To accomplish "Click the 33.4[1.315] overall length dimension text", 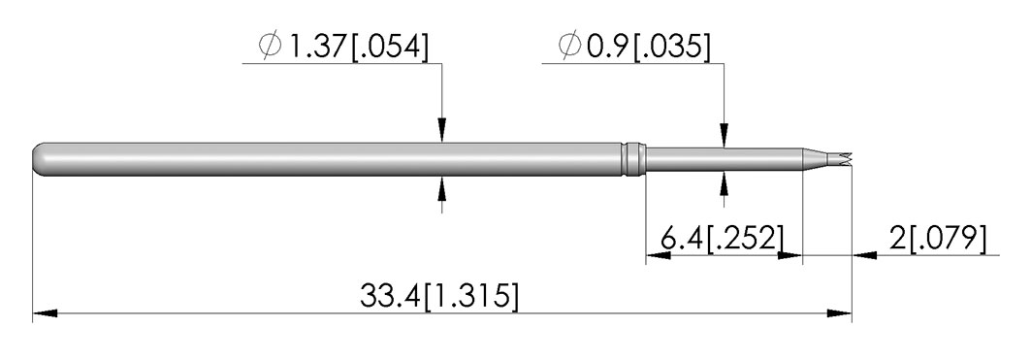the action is [x=439, y=296].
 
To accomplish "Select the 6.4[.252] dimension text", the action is [x=722, y=238].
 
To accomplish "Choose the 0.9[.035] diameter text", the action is [x=648, y=47].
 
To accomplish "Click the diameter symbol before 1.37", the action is [x=271, y=46].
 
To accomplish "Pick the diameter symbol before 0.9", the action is [x=569, y=46].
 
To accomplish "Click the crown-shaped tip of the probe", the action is [x=840, y=158].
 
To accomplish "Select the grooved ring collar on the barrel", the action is [x=634, y=159].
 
